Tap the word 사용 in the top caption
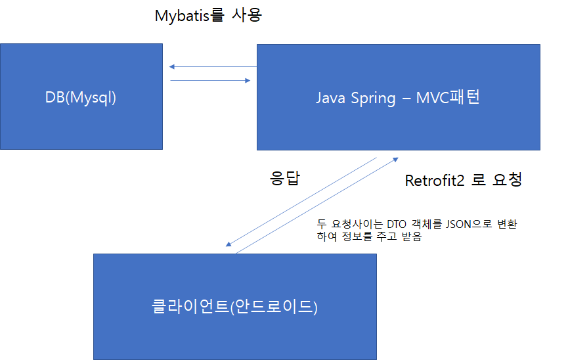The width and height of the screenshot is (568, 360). [x=247, y=15]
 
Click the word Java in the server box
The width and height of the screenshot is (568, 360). [x=329, y=99]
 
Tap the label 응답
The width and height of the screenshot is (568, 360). [x=285, y=179]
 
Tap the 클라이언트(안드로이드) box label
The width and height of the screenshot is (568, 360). [x=234, y=307]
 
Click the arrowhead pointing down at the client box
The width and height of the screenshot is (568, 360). [x=228, y=244]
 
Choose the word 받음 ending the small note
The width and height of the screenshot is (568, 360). [x=411, y=237]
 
